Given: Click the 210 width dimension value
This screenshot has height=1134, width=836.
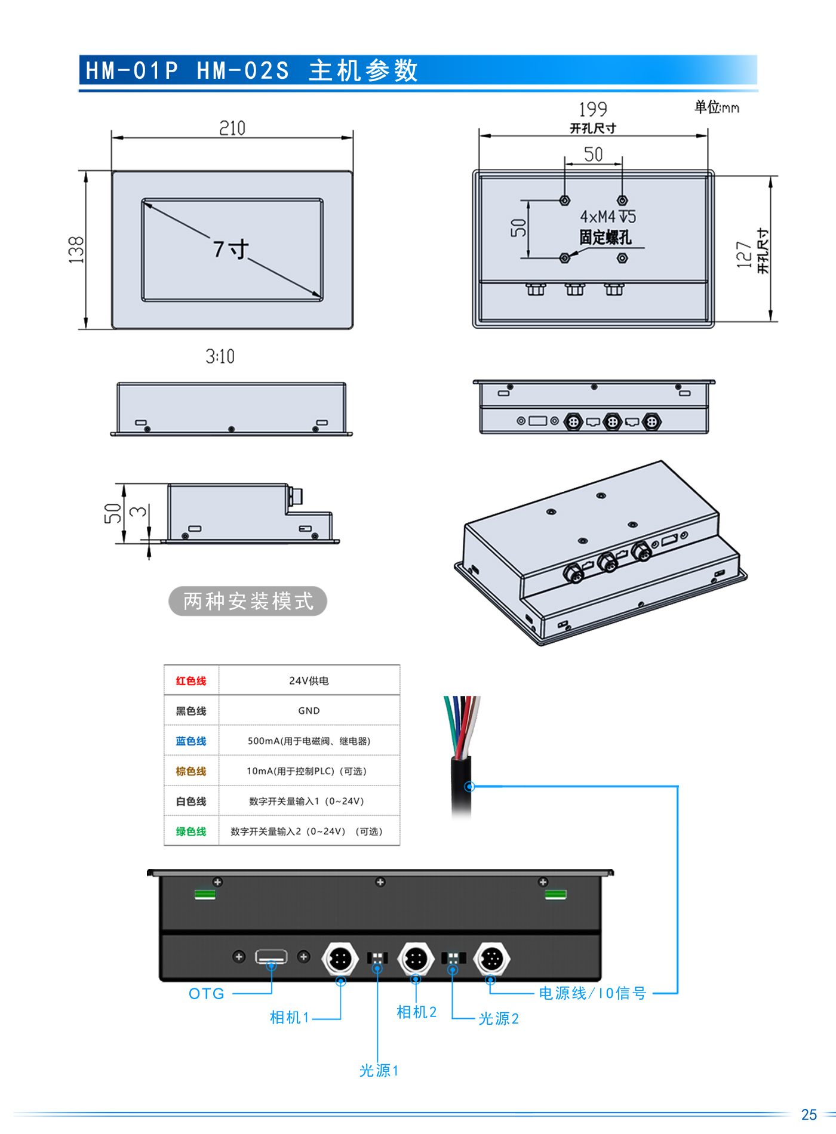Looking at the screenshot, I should (232, 128).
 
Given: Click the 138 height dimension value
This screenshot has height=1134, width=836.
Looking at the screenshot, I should (76, 249).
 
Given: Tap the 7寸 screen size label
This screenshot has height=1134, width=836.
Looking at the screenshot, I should (230, 249).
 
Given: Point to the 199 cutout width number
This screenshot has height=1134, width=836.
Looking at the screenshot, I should (592, 109).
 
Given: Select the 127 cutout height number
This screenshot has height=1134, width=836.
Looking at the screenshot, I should (743, 254).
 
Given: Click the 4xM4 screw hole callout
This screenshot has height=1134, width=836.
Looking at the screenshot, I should (607, 216).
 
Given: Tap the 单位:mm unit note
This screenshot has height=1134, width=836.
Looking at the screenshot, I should (717, 107).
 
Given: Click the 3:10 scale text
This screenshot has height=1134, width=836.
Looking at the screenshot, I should (220, 356).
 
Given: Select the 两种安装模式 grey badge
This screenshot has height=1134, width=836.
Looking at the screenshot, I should (248, 601).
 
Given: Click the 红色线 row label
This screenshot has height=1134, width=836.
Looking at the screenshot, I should (191, 681).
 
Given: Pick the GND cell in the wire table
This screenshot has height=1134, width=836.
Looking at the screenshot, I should (309, 711).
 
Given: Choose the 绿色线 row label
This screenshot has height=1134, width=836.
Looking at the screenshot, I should (191, 831).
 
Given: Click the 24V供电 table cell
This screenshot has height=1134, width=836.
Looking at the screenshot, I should (309, 681).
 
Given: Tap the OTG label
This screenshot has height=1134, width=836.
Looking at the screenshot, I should (207, 994).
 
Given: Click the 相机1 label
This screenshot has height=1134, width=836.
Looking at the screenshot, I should (290, 1018).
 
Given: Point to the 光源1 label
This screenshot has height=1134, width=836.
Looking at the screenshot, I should (379, 1071).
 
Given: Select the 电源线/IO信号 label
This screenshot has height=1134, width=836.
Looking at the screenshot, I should (592, 993).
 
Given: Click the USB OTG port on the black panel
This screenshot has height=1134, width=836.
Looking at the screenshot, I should (271, 957).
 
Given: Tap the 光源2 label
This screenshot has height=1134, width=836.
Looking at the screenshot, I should (499, 1019).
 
